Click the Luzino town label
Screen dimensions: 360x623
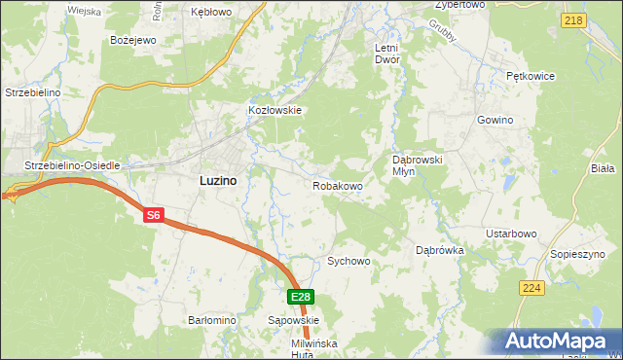pyautogui.click(x=217, y=180)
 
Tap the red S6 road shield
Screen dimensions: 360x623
pyautogui.click(x=153, y=216)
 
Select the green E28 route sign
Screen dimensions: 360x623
pyautogui.click(x=301, y=298)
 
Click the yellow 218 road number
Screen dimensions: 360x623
pyautogui.click(x=574, y=20)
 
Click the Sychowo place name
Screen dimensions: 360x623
pyautogui.click(x=349, y=262)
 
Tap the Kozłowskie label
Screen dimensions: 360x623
pyautogui.click(x=275, y=111)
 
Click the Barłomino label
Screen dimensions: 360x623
pyautogui.click(x=212, y=319)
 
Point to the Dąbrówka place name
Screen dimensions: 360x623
pyautogui.click(x=440, y=250)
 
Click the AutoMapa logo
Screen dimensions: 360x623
pyautogui.click(x=559, y=341)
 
